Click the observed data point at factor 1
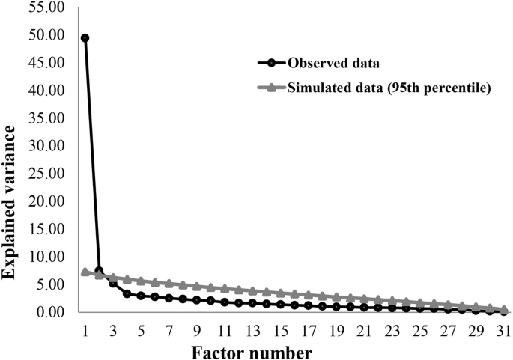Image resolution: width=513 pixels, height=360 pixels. pyautogui.click(x=85, y=37)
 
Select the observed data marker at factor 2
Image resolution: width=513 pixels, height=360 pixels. pyautogui.click(x=99, y=270)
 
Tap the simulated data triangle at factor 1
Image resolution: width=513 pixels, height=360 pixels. pyautogui.click(x=85, y=272)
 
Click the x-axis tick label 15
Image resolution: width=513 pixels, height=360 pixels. pyautogui.click(x=280, y=329)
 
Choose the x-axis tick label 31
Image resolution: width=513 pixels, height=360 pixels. pyautogui.click(x=503, y=329)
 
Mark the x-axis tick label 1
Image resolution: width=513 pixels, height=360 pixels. pyautogui.click(x=85, y=329)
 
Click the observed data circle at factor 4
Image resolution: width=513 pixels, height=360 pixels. pyautogui.click(x=127, y=293)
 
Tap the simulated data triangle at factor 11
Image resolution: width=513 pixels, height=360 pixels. pyautogui.click(x=224, y=287)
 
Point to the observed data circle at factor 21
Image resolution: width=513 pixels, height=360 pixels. pyautogui.click(x=364, y=307)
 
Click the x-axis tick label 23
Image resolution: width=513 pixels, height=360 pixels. pyautogui.click(x=392, y=329)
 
